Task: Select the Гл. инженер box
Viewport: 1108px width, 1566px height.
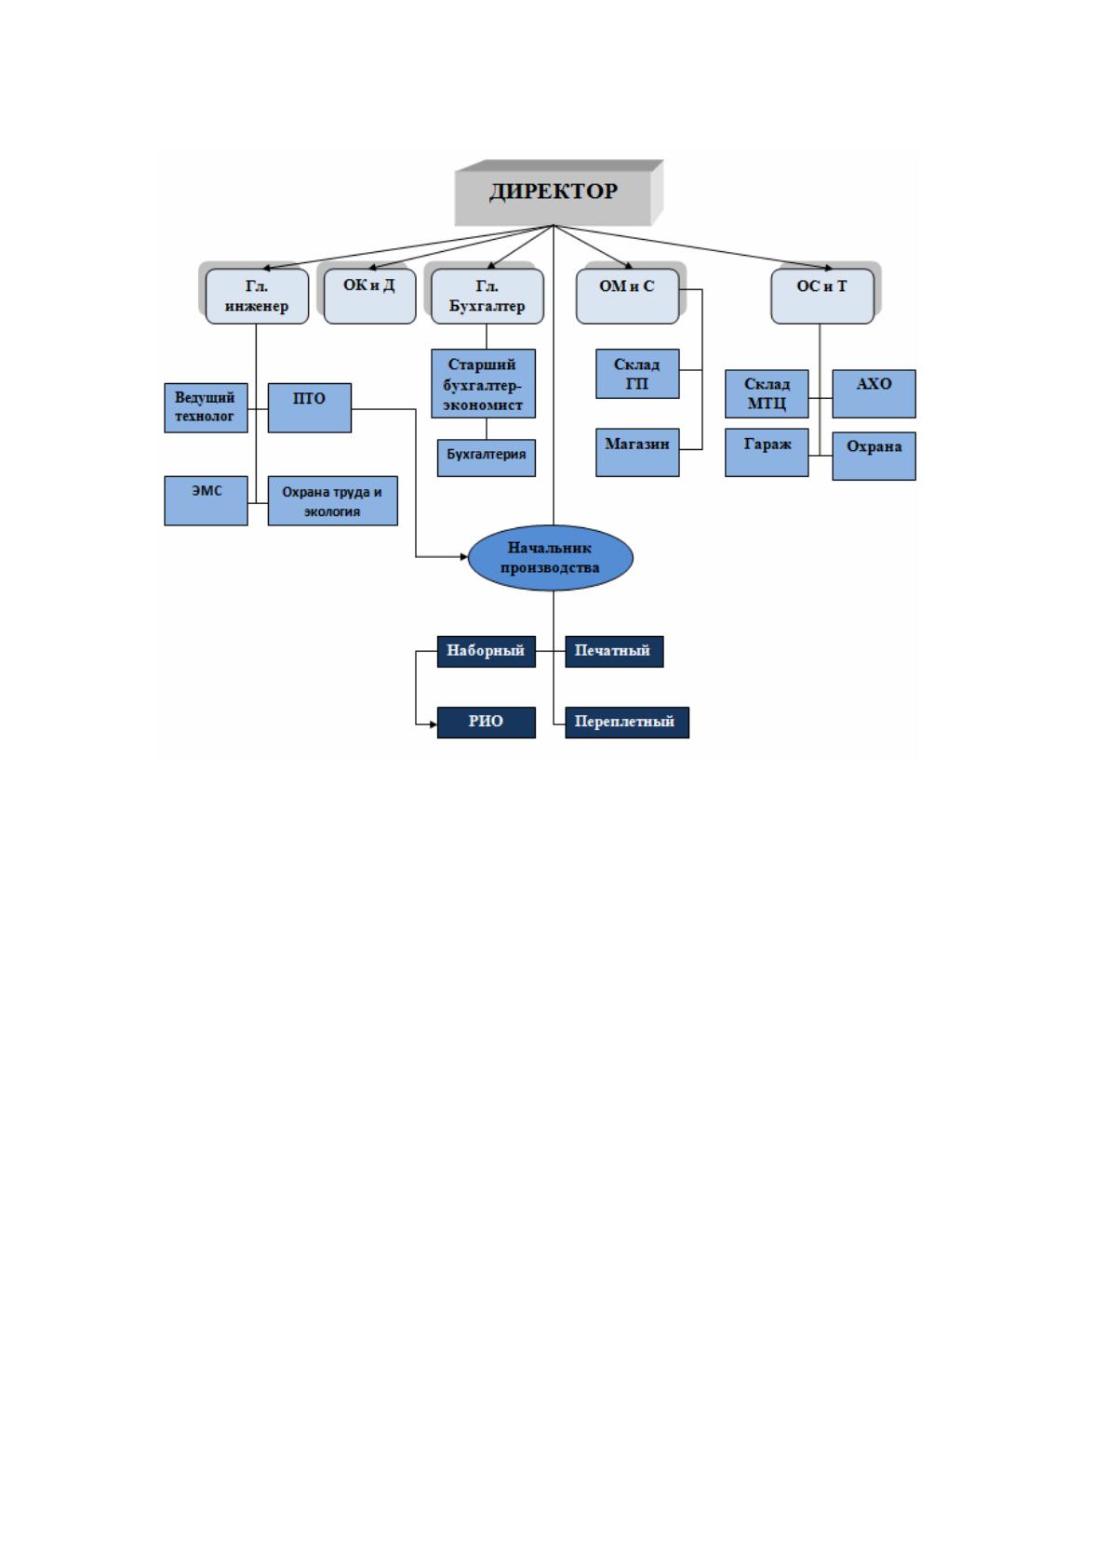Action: pyautogui.click(x=257, y=297)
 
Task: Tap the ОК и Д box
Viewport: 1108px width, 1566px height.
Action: pyautogui.click(x=369, y=297)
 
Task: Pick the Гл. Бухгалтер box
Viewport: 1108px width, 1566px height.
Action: pyautogui.click(x=487, y=297)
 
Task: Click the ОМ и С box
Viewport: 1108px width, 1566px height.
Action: pyautogui.click(x=627, y=297)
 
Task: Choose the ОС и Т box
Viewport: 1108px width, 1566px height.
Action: pyautogui.click(x=821, y=297)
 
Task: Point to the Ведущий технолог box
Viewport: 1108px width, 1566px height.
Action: pyautogui.click(x=206, y=407)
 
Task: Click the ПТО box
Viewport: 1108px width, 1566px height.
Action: pyautogui.click(x=309, y=407)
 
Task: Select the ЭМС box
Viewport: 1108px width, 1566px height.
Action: pyautogui.click(x=206, y=500)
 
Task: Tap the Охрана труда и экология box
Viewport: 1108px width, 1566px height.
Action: pyautogui.click(x=332, y=500)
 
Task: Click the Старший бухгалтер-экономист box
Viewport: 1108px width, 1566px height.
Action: pyautogui.click(x=483, y=384)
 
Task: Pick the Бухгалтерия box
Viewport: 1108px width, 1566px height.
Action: pyautogui.click(x=487, y=458)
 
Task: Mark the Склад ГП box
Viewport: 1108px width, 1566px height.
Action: pyautogui.click(x=637, y=374)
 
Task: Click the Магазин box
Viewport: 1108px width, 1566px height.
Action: pyautogui.click(x=637, y=452)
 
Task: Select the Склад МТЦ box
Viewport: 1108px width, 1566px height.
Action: pyautogui.click(x=767, y=393)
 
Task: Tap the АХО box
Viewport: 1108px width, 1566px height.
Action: pyautogui.click(x=874, y=393)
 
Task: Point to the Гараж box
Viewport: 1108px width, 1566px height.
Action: pyautogui.click(x=767, y=452)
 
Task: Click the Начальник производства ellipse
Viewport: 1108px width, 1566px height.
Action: pyautogui.click(x=551, y=558)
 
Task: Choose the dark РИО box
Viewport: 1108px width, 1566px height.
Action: pyautogui.click(x=487, y=723)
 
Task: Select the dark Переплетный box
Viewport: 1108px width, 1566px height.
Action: pyautogui.click(x=627, y=723)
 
